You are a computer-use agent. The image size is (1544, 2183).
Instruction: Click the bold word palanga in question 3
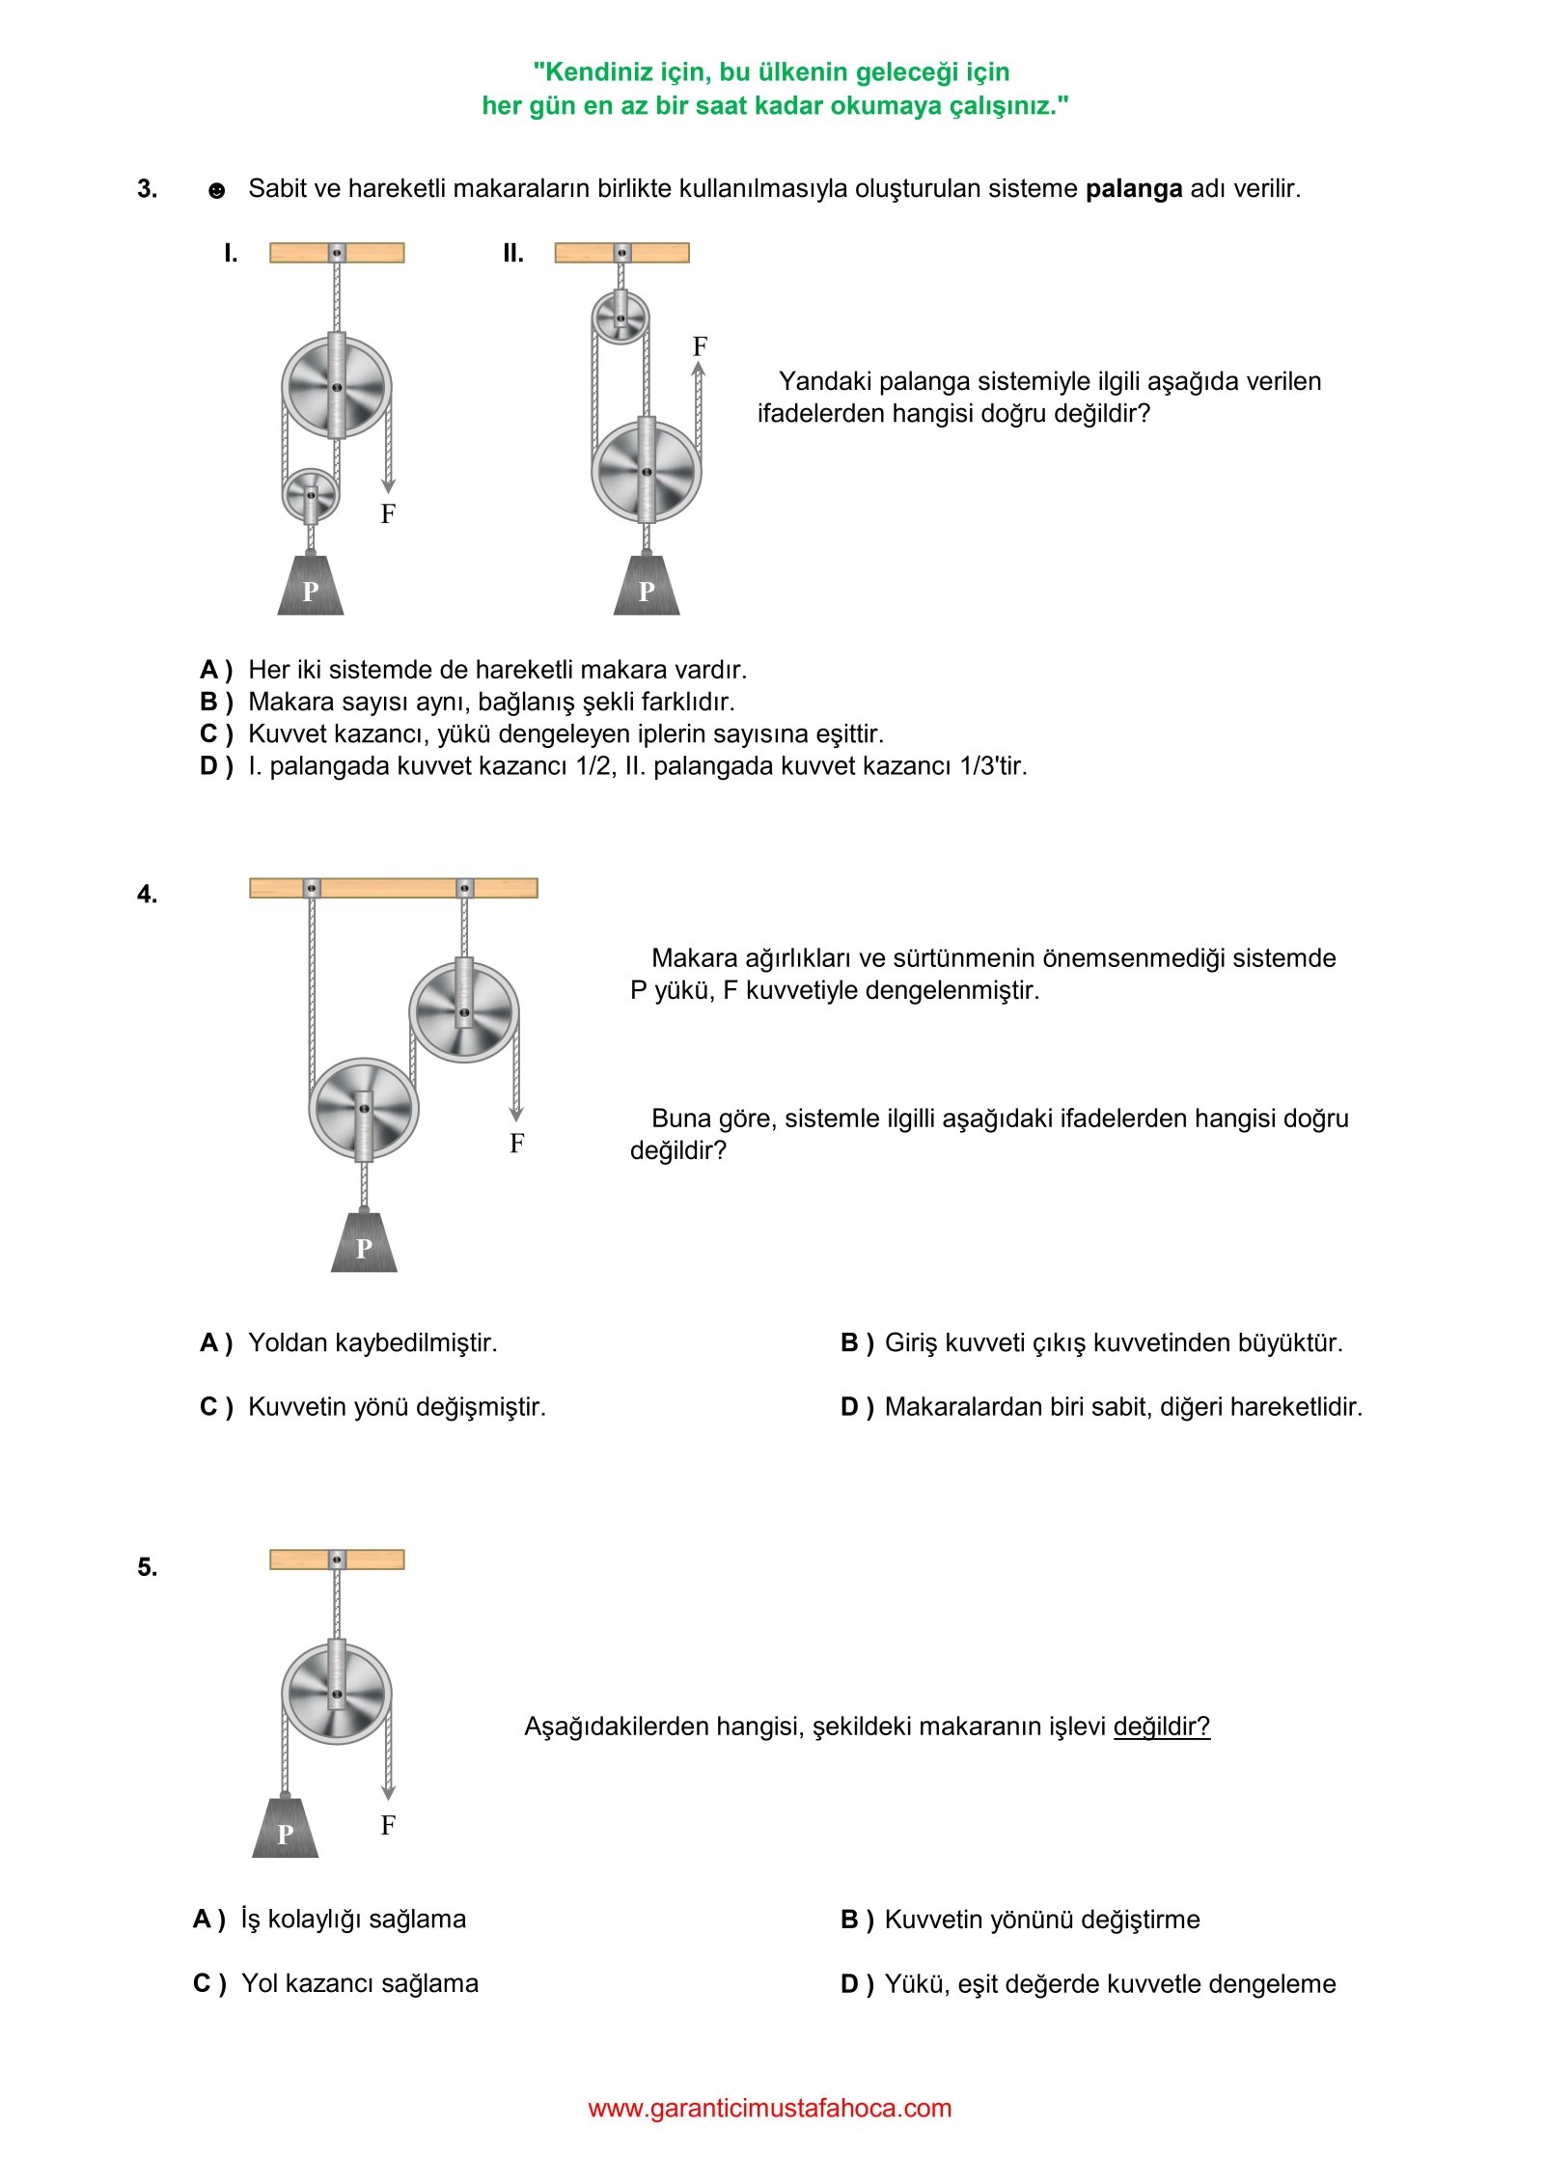1133,189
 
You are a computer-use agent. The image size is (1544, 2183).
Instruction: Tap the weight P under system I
311,588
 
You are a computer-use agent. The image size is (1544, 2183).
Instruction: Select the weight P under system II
647,588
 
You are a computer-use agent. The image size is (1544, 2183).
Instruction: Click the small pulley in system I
311,495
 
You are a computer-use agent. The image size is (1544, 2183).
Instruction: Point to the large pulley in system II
647,471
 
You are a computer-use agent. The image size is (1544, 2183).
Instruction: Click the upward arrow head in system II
699,369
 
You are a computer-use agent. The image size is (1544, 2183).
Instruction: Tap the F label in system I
388,514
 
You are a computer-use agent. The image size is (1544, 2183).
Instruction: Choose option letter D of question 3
210,766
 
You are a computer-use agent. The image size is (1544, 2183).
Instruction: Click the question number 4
147,895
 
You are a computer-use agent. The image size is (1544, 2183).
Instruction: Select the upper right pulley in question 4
464,1011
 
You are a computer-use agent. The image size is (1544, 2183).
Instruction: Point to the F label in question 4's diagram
517,1144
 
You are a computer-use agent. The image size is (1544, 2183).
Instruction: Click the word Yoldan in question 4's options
289,1343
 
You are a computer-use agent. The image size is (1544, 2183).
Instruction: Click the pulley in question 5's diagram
337,1694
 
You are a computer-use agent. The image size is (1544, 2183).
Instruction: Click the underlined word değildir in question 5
1161,1727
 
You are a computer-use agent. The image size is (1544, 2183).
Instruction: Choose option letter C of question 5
204,1984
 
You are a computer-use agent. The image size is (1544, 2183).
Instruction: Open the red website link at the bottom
770,2109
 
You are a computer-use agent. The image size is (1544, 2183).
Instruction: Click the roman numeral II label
513,254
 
